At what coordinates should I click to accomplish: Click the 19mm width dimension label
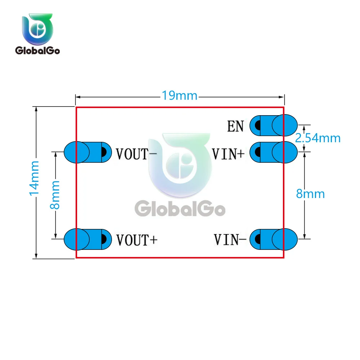coord(179,96)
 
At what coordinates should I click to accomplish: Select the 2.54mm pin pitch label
coord(318,138)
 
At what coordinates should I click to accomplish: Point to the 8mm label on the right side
coord(310,194)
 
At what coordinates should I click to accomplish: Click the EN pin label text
coord(235,126)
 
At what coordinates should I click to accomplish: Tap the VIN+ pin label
coord(228,154)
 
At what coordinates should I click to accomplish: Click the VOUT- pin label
coord(136,154)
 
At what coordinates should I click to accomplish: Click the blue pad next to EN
coord(274,125)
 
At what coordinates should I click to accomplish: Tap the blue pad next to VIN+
coord(274,152)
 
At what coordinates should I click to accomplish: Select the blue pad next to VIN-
coord(274,239)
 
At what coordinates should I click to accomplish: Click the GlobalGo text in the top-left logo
coord(37,50)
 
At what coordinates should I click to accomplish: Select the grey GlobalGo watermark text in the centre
coord(180,209)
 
